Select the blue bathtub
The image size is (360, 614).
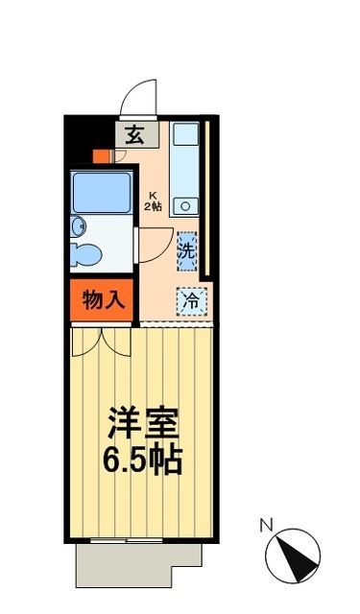tap(102, 193)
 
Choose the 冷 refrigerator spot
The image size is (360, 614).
tap(191, 299)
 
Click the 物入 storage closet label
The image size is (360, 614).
tap(103, 299)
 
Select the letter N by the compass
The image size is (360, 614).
tap(266, 524)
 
